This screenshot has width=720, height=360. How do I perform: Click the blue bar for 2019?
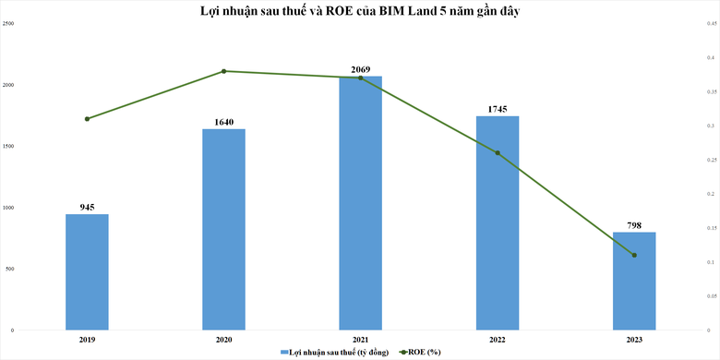[x=87, y=272]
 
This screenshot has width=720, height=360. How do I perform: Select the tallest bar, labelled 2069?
[x=360, y=203]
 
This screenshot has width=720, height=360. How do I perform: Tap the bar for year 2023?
[x=633, y=281]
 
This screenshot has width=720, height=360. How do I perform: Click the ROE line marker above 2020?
[x=223, y=71]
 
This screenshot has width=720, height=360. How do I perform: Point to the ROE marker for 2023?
[x=634, y=256]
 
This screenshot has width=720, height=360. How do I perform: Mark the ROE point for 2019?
[x=87, y=119]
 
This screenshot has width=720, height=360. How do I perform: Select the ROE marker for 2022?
[x=498, y=153]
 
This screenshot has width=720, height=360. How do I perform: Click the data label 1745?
[x=497, y=109]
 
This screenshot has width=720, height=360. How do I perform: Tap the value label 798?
[x=633, y=225]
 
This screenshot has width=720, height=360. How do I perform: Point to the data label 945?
[x=87, y=208]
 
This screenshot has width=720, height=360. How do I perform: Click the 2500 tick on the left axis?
[x=8, y=23]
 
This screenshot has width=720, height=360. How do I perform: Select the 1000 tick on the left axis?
[x=8, y=208]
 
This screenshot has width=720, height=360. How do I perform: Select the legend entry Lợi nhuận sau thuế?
[x=327, y=352]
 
